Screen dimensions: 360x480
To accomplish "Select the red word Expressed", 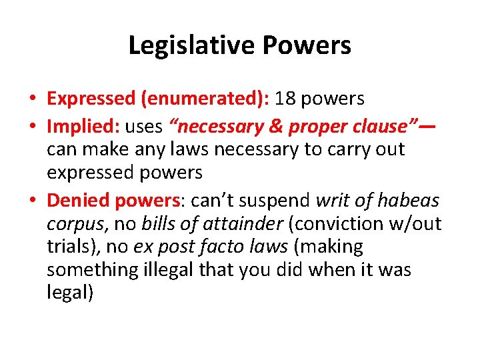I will pos(91,99).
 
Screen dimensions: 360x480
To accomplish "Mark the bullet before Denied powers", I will pos(31,199).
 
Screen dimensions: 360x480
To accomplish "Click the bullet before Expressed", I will pos(31,99).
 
